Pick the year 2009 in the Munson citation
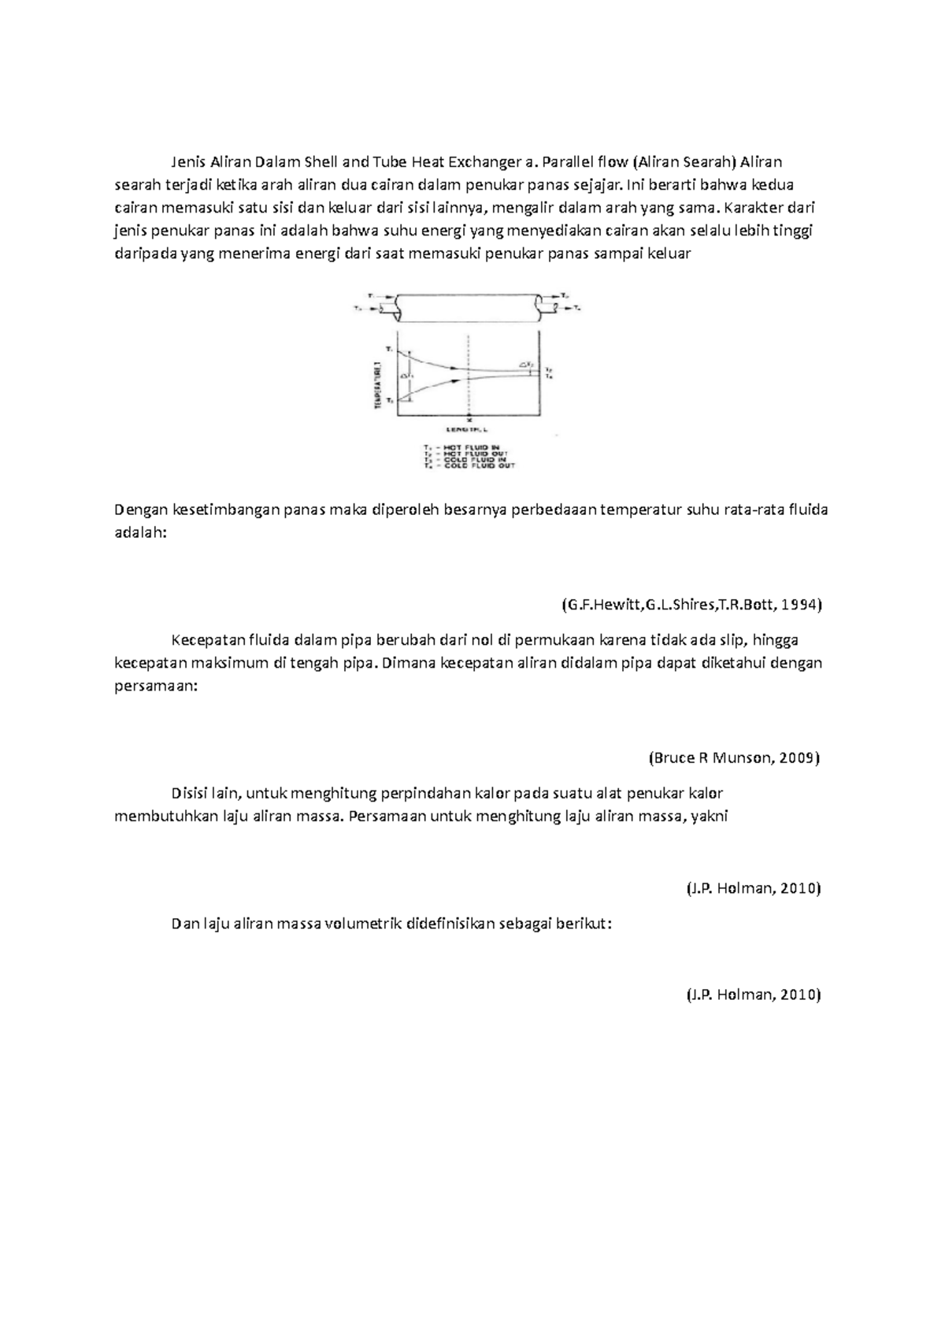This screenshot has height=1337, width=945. (799, 758)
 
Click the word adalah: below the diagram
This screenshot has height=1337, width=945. (141, 532)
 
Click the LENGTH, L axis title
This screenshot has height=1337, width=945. (468, 431)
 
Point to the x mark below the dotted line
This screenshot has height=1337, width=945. (469, 420)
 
